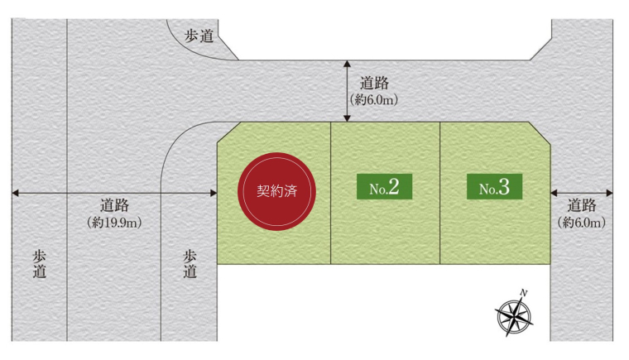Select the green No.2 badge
point(385,187)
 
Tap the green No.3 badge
point(495,187)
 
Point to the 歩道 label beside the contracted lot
point(190,264)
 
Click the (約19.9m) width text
point(113,223)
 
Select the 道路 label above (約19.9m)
point(114,206)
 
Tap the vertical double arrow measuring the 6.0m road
point(348,91)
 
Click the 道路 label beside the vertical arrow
point(375,84)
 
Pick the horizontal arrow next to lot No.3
point(581,193)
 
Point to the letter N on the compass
point(525,292)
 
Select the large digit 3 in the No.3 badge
point(504,187)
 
